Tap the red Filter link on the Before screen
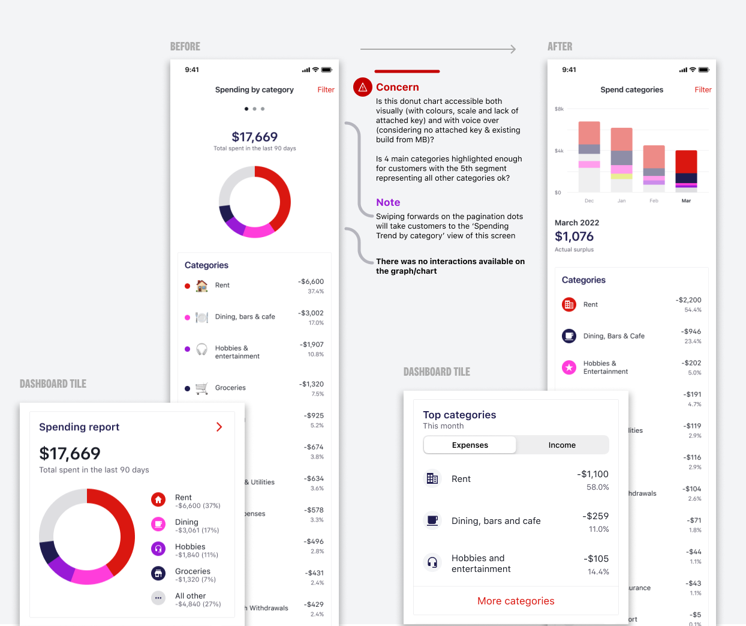(x=326, y=89)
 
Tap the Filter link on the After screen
(x=703, y=89)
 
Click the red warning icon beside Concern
(x=362, y=87)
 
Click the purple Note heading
(x=388, y=202)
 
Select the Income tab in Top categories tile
(x=562, y=445)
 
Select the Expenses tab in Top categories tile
(x=470, y=445)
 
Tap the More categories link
(x=516, y=601)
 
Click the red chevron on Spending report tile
(x=219, y=427)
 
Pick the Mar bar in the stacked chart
(x=686, y=171)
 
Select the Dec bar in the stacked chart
(x=589, y=157)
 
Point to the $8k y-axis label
(x=559, y=109)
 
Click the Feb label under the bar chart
(x=654, y=201)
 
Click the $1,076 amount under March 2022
(x=574, y=236)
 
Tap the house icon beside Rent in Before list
(x=202, y=285)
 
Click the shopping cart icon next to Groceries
(x=202, y=388)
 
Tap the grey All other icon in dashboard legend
(x=158, y=598)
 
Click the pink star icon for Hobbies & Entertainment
(x=569, y=367)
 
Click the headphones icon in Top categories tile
(x=432, y=562)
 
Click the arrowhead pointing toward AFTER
(x=513, y=49)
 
